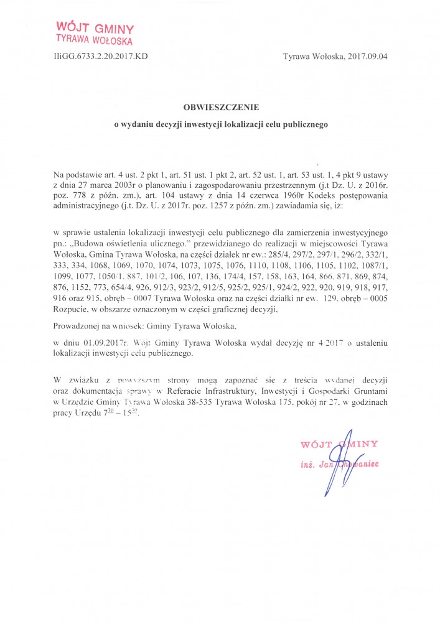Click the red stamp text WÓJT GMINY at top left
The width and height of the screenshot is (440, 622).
pos(95,28)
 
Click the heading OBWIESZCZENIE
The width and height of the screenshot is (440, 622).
pos(220,107)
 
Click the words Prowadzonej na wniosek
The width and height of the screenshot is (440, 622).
pos(94,324)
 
